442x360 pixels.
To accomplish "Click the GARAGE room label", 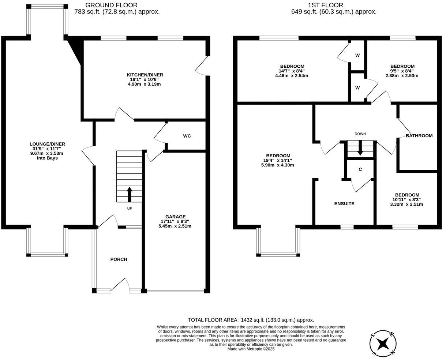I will coord(175,217).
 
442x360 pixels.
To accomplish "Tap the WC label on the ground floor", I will coord(187,136).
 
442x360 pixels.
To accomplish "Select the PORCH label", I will coord(119,259).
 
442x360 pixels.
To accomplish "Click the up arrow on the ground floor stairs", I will coord(129,194).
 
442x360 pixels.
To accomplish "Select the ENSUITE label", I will coord(344,204).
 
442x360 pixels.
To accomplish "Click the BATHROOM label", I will coord(419,136).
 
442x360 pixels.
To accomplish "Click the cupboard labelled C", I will coord(360,169).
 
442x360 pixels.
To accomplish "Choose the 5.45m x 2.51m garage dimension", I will coord(175,226).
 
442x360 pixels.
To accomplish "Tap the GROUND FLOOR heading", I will coord(111,5).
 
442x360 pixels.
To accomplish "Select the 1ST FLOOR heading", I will coord(326,5).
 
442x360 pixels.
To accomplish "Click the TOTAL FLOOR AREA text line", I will coord(251,320).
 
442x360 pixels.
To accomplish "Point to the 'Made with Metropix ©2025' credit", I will coord(251,349).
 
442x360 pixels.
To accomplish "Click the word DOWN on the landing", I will coord(360,134).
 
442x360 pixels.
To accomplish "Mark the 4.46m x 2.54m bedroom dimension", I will coord(292,76).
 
